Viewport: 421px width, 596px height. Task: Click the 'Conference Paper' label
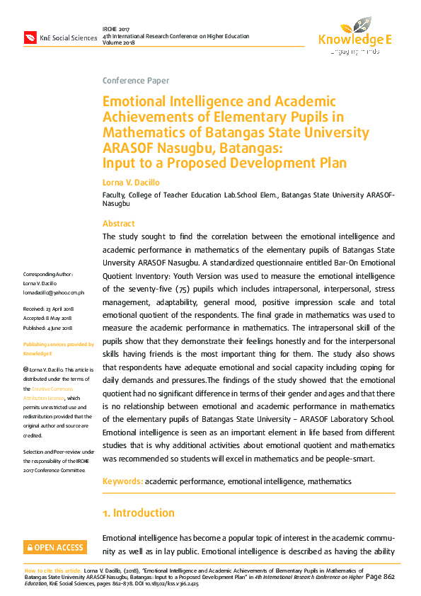[x=136, y=81]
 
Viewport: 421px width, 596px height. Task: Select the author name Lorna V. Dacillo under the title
[x=132, y=183]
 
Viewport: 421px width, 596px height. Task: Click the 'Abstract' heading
[x=118, y=224]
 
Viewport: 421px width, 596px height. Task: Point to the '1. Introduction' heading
[x=138, y=512]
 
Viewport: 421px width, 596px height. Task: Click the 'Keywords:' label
[x=122, y=481]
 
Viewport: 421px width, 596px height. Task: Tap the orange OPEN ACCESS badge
[x=54, y=547]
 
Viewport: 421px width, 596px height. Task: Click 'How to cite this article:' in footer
[x=52, y=570]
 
